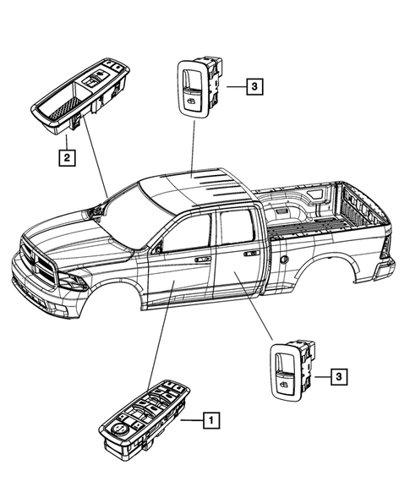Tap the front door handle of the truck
click(204, 260)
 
